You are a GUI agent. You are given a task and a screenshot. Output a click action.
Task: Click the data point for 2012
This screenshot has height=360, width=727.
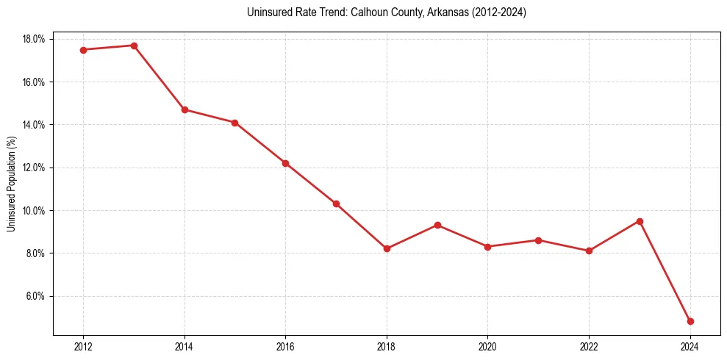(x=83, y=50)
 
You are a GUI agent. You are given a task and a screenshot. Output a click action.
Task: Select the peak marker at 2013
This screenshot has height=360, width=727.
(x=134, y=46)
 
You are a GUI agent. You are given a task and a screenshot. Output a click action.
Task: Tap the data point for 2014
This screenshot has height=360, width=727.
(x=185, y=109)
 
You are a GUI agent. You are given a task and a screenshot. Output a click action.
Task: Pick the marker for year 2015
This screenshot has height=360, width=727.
(x=234, y=123)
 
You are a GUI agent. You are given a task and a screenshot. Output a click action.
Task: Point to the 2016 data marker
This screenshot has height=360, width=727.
(x=285, y=163)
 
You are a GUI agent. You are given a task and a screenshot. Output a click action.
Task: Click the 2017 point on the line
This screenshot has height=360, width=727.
(x=336, y=204)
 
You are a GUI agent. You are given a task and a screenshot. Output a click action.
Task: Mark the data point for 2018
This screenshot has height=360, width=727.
(x=387, y=248)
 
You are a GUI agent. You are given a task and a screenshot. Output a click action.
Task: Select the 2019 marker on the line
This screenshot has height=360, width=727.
(x=437, y=225)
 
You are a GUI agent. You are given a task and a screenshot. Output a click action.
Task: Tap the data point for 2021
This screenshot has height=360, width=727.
(x=538, y=240)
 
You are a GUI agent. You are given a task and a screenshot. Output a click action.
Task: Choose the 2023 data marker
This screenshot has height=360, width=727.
(x=640, y=221)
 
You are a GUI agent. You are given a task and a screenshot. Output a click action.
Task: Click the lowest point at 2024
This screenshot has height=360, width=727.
(x=690, y=321)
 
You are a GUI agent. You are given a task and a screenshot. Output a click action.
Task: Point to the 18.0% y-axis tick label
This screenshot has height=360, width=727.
(x=35, y=39)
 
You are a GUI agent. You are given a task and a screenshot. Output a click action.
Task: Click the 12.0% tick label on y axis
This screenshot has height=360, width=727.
(x=35, y=168)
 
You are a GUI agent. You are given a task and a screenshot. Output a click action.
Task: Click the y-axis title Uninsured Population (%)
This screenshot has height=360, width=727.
(x=11, y=184)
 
